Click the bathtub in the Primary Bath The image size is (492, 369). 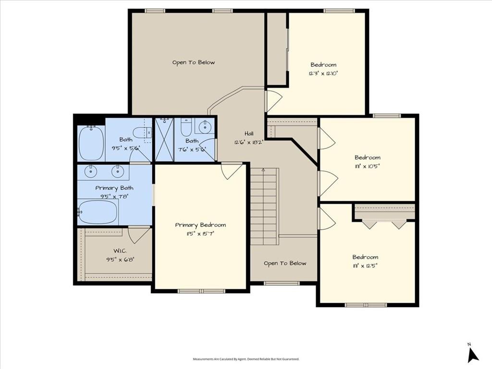(x=98, y=211)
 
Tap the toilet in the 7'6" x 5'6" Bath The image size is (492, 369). (x=186, y=128)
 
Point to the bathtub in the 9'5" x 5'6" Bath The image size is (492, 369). (x=91, y=143)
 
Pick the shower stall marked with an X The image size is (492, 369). (x=163, y=139)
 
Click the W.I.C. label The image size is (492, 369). (x=120, y=251)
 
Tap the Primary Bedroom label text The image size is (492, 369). (x=200, y=225)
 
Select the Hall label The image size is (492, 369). (x=248, y=134)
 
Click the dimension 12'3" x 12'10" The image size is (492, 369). (x=323, y=74)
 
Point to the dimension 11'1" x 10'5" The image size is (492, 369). (x=368, y=166)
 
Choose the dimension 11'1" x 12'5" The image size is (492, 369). (x=365, y=266)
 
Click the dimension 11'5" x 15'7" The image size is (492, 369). (x=200, y=234)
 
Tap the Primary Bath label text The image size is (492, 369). (x=114, y=188)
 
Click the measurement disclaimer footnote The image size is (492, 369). (x=246, y=359)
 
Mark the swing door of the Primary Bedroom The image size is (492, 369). (x=231, y=171)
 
